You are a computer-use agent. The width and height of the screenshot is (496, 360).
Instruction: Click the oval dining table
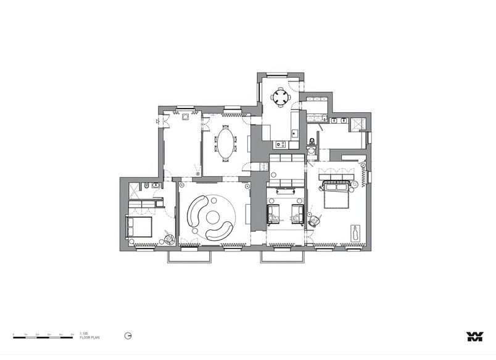[226, 143]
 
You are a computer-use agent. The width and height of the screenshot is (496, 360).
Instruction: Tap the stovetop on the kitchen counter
[281, 145]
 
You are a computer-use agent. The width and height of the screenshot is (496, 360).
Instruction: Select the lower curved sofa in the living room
[221, 232]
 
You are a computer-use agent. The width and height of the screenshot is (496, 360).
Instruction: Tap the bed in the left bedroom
[139, 227]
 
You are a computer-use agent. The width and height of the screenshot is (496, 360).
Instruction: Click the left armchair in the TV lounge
[274, 214]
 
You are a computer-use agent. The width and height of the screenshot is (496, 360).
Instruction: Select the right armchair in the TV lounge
[297, 214]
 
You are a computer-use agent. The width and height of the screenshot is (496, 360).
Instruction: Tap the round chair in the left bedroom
[168, 236]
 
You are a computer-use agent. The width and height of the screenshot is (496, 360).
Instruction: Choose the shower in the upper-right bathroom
[357, 122]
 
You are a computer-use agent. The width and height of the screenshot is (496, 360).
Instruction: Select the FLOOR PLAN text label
[89, 338]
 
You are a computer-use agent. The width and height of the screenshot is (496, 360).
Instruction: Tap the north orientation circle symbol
[127, 336]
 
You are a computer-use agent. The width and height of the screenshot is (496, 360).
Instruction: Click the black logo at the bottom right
[474, 336]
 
